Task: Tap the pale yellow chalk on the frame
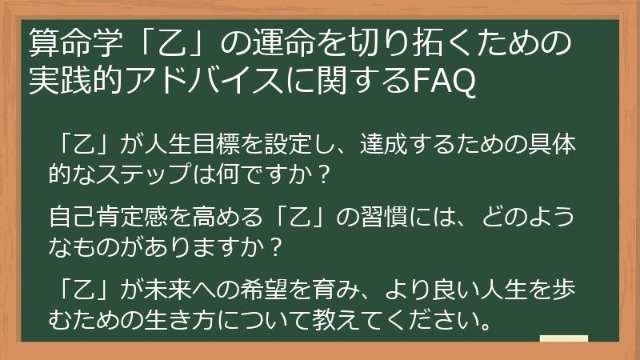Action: [563, 339]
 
